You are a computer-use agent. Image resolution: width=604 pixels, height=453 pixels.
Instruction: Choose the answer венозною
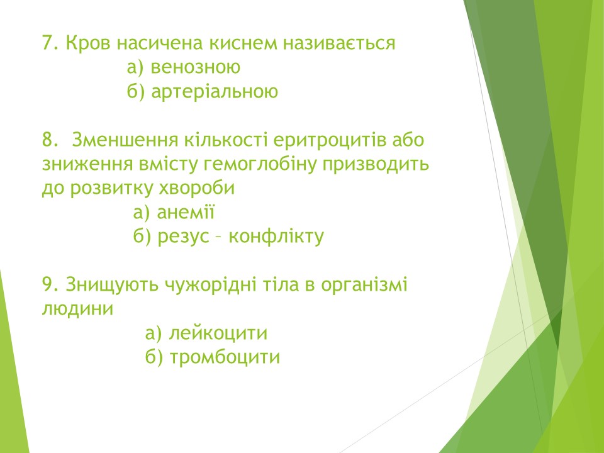195,67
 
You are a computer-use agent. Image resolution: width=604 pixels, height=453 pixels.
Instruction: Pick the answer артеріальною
215,91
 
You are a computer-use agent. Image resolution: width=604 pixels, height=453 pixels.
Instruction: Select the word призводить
376,164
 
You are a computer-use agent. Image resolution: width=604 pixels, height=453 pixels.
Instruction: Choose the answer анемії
186,212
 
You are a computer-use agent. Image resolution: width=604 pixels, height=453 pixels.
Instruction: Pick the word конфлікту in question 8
276,236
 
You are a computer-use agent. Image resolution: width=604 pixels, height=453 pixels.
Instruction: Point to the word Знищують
112,284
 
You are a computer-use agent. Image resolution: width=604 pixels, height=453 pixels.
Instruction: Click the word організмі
364,284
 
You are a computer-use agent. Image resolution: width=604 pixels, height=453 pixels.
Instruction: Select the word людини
77,309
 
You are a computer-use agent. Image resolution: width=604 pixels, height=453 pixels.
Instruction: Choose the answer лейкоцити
218,333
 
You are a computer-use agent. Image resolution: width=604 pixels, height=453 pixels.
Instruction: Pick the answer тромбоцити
225,357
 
